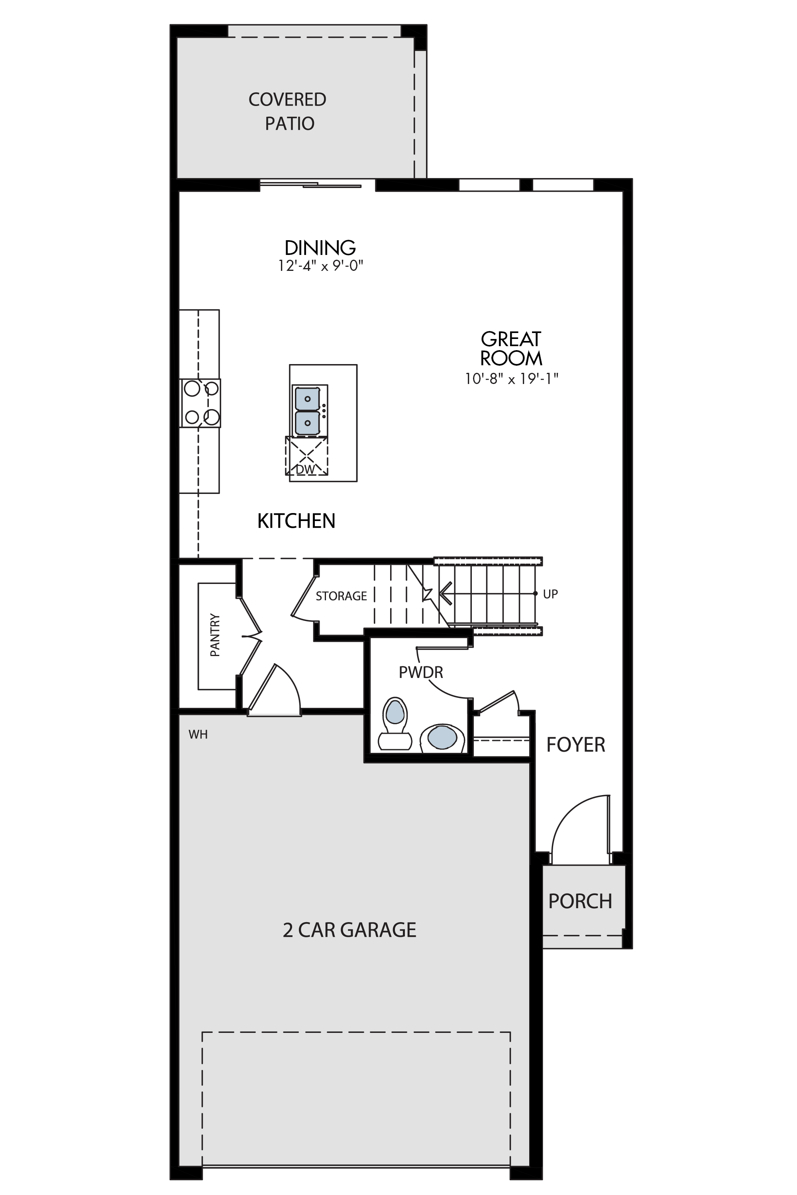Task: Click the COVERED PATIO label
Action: pos(288,111)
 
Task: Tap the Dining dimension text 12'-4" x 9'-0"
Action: pos(321,265)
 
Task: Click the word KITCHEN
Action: pos(296,521)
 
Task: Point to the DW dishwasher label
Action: pos(306,470)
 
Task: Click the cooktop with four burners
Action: pos(201,403)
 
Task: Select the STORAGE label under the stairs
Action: pos(341,596)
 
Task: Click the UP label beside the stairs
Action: pos(550,594)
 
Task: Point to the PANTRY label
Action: pos(215,635)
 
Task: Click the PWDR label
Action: pos(421,672)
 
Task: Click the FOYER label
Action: pos(576,745)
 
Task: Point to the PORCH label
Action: pos(581,872)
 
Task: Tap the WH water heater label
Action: pos(198,735)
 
